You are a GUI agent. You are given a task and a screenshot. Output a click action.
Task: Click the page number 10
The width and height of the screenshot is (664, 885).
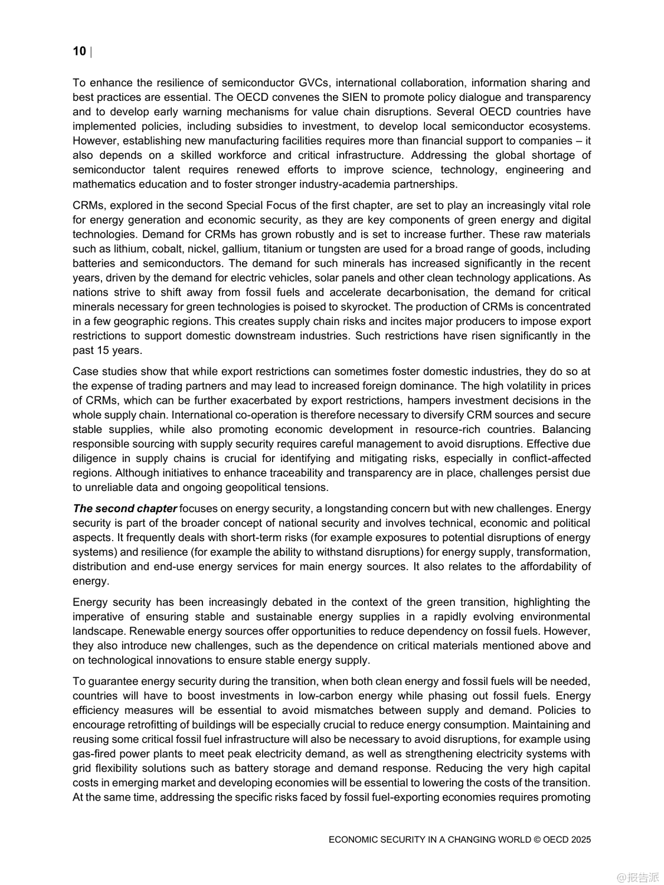click(79, 51)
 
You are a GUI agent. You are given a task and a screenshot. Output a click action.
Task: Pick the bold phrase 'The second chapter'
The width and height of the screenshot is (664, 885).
click(125, 509)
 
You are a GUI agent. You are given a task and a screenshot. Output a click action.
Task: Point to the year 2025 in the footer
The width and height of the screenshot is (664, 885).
click(581, 840)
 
